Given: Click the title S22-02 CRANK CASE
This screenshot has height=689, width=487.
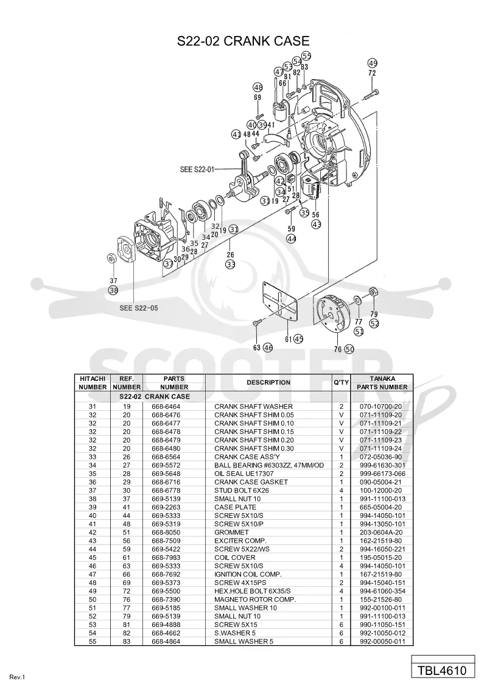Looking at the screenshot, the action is coord(243,41).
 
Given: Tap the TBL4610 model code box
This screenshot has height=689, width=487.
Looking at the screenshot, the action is coord(443,671).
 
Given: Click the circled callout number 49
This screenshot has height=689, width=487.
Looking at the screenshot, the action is coord(373,63).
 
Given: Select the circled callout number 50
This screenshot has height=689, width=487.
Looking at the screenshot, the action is coord(349,349).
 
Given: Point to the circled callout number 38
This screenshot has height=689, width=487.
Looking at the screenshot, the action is coord(113,290).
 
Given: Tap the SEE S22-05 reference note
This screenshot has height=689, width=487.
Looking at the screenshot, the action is coord(138,308).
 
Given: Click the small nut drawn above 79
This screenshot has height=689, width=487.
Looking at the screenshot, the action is coord(373,292).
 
